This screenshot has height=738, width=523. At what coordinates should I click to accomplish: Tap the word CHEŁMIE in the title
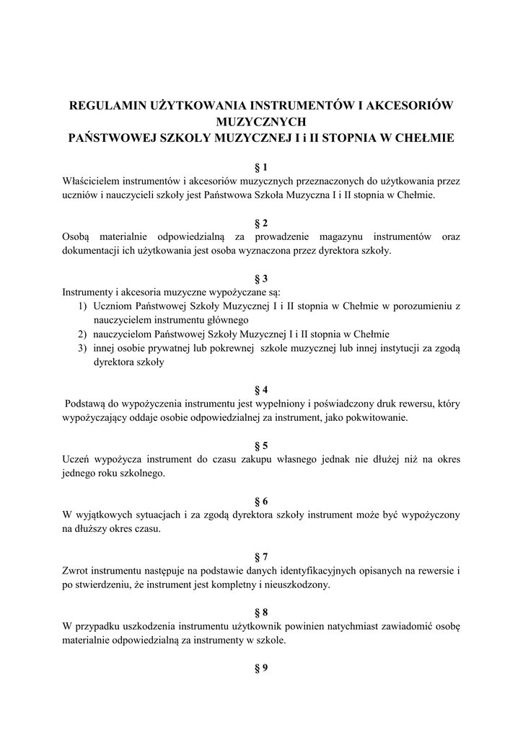[x=425, y=137]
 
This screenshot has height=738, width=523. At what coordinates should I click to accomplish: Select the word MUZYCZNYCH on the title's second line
[x=261, y=121]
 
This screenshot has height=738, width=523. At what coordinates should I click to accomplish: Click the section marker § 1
[x=261, y=167]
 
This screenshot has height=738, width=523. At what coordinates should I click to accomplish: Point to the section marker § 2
[x=261, y=223]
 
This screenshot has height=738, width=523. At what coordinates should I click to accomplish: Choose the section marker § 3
[x=261, y=278]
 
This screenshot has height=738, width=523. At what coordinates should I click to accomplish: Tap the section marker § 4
[x=261, y=389]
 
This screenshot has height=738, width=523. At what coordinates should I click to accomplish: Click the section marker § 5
[x=261, y=445]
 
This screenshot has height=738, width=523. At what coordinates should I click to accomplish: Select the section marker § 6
[x=261, y=500]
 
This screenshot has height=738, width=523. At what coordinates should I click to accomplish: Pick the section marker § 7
[x=261, y=556]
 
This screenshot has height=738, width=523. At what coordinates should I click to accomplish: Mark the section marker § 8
[x=261, y=612]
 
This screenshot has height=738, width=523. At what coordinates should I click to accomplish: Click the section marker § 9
[x=261, y=667]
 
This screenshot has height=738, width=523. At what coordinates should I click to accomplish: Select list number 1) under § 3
[x=84, y=306]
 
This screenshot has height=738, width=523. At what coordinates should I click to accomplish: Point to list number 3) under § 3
[x=84, y=348]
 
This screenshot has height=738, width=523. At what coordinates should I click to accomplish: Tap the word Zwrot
[x=76, y=571]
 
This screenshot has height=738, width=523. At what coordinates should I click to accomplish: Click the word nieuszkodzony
[x=296, y=584]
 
